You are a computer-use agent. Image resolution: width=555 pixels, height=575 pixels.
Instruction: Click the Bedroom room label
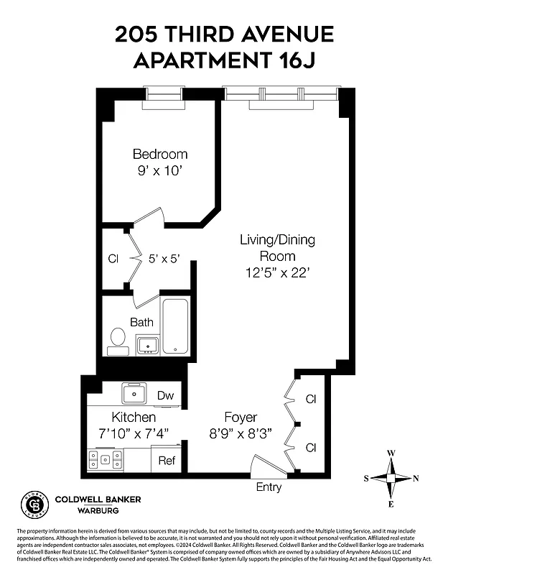pos(159,154)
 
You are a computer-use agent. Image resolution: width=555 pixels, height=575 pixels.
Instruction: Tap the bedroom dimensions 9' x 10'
pos(159,171)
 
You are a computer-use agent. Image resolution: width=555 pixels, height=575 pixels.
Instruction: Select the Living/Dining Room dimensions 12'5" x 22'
pos(276,272)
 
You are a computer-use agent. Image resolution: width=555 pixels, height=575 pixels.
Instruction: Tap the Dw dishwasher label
pos(165,395)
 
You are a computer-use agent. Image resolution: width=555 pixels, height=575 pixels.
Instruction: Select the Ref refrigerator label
pos(166,461)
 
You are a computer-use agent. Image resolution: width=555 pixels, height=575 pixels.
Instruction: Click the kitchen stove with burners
pos(106,459)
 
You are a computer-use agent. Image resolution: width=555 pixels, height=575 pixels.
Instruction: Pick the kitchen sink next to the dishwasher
pos(134,393)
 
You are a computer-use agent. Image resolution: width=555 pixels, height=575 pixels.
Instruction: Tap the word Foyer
pos(240,418)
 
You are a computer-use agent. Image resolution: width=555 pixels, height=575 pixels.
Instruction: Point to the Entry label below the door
pos(269,487)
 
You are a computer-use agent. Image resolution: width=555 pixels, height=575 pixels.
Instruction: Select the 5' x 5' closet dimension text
pos(164,259)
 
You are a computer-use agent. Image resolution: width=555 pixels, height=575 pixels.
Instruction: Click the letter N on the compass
pos(416,479)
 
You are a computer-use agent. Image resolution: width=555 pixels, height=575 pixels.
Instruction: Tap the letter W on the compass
pos(391,454)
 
